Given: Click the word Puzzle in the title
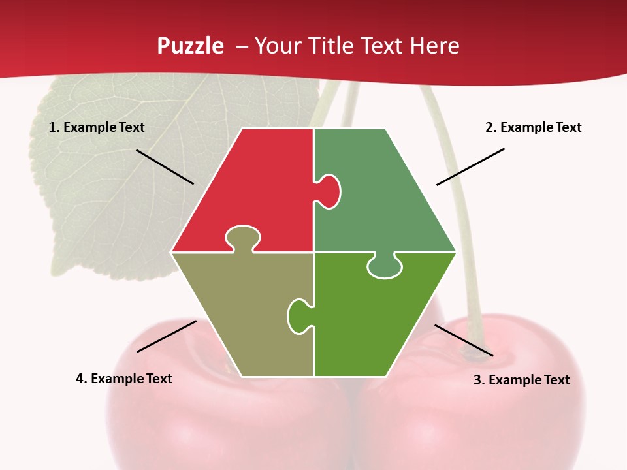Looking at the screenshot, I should (x=190, y=46).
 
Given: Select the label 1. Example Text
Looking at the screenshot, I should (x=97, y=128).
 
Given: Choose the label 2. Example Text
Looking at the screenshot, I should (x=533, y=128).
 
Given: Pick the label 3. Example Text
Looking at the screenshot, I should (x=521, y=380).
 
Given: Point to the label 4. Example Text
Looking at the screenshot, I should (x=124, y=379).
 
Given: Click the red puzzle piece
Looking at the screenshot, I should (x=255, y=183).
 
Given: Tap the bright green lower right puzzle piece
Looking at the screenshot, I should (x=372, y=320).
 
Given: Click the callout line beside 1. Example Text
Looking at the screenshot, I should (x=165, y=166).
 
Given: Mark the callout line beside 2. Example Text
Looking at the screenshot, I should (x=470, y=166).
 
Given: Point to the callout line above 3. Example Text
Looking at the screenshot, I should (x=464, y=340).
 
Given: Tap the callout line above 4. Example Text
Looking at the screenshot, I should (x=167, y=336).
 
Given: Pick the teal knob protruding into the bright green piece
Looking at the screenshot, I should (x=385, y=266).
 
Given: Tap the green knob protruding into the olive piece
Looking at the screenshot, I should (x=298, y=315).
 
